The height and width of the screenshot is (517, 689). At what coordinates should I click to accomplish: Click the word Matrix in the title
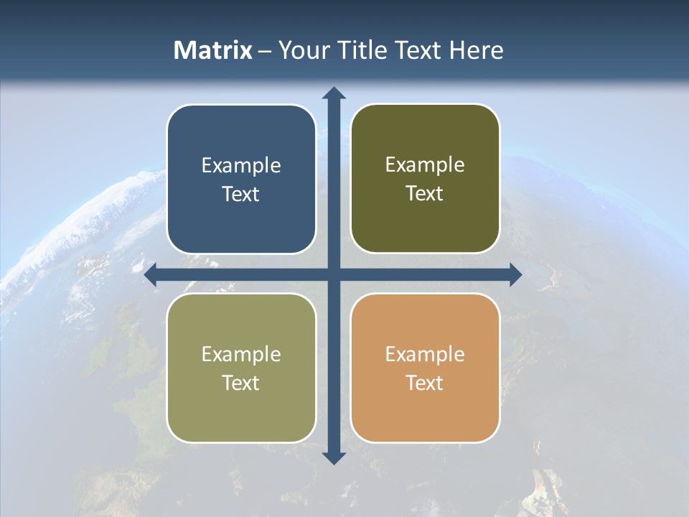point(213,50)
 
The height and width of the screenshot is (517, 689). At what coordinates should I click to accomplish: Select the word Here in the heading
point(476,50)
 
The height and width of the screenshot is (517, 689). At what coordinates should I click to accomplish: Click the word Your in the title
point(301,50)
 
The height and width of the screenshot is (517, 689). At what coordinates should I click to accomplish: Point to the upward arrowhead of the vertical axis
point(334,93)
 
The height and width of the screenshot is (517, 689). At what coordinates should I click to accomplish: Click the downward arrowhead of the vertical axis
point(334,457)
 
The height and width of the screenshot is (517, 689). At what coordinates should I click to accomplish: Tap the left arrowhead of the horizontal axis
point(151,274)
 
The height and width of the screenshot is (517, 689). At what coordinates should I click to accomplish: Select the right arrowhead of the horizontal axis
point(515,274)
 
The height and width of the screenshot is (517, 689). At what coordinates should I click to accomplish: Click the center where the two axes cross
point(334,274)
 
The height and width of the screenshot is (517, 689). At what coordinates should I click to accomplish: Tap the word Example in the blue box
point(241,166)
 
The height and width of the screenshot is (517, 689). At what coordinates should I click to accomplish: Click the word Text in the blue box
point(241,195)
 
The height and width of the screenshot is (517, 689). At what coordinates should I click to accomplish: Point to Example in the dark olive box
point(425,165)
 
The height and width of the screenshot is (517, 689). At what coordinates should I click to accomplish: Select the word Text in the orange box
point(425,383)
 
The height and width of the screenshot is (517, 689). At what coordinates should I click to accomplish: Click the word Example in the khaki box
point(241,355)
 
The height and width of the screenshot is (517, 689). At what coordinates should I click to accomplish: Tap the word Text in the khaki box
point(241,383)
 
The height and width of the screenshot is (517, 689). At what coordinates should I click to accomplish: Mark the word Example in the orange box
point(425,355)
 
